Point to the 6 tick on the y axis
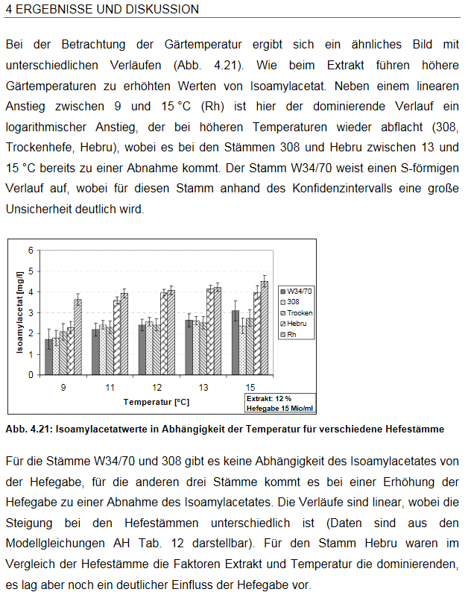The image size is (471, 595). click(31, 250)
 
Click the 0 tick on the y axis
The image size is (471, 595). click(31, 375)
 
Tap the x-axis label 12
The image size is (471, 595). click(157, 387)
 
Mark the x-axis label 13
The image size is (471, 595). click(203, 387)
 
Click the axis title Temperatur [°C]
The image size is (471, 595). click(156, 402)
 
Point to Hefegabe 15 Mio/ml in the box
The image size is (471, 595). click(280, 408)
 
